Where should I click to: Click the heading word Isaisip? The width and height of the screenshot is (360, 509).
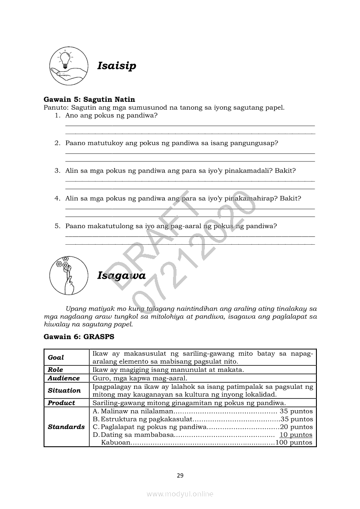pos(116,66)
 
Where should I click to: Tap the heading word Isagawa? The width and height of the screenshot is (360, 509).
pos(121,276)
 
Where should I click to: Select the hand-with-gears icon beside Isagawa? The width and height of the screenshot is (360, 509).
pos(66,275)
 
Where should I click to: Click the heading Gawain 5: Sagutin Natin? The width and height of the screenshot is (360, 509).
pos(89,100)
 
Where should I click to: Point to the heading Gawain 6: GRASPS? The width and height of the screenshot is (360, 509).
pos(79,337)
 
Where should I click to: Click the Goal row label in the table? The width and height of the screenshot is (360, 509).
pos(56,357)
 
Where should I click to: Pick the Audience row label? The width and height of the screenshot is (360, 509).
pos(64,378)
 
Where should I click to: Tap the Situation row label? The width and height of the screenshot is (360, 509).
pos(64,391)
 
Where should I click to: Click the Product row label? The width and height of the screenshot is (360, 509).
pos(61,403)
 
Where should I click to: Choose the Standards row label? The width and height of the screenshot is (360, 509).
pos(66,427)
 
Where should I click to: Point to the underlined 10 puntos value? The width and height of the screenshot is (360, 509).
pos(296,435)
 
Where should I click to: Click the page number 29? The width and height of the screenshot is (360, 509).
pos(180,475)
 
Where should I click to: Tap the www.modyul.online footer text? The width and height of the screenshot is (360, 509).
pos(180,494)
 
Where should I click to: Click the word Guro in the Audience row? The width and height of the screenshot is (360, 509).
pos(101,378)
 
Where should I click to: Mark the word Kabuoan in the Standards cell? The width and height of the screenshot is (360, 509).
pos(115,442)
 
